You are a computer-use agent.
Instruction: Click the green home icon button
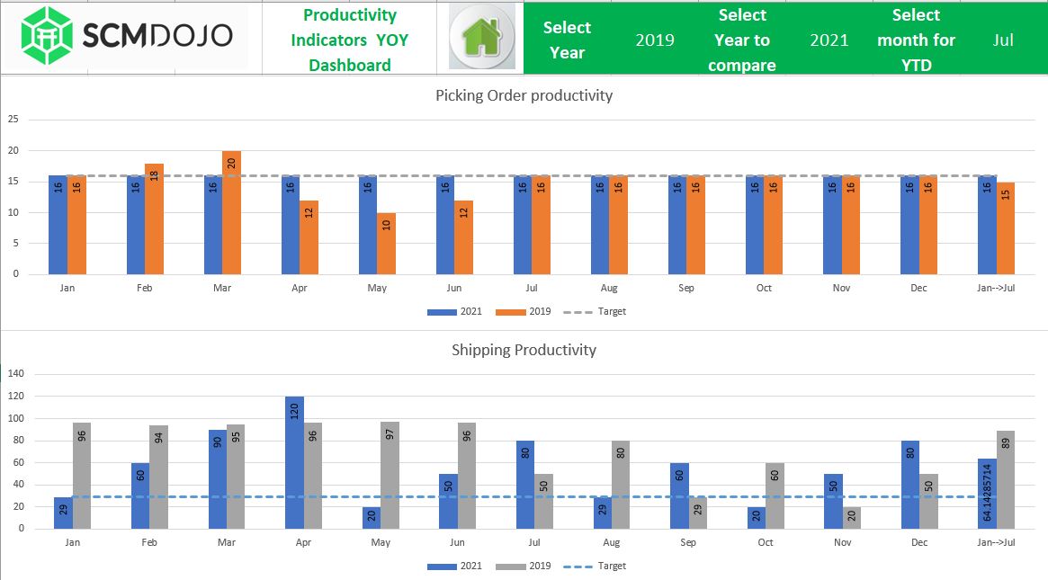coord(481,37)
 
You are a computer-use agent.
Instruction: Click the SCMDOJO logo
coord(127,37)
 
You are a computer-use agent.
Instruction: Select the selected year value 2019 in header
coord(654,40)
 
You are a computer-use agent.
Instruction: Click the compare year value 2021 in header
coord(829,40)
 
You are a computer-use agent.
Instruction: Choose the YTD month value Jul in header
coord(1003,40)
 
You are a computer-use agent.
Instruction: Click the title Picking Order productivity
coord(524,95)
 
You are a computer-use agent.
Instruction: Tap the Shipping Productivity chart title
coord(524,350)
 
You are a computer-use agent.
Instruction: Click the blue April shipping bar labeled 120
coord(295,462)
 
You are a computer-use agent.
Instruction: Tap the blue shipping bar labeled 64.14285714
coord(988,494)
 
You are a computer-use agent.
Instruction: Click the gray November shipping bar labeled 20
coord(852,518)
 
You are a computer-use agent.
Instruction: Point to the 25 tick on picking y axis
coord(13,119)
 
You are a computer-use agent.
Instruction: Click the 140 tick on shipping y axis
coord(15,373)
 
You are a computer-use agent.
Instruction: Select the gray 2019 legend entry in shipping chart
coord(532,567)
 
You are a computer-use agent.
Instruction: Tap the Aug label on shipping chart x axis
coord(612,543)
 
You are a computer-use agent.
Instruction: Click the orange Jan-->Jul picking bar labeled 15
coord(1006,228)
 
